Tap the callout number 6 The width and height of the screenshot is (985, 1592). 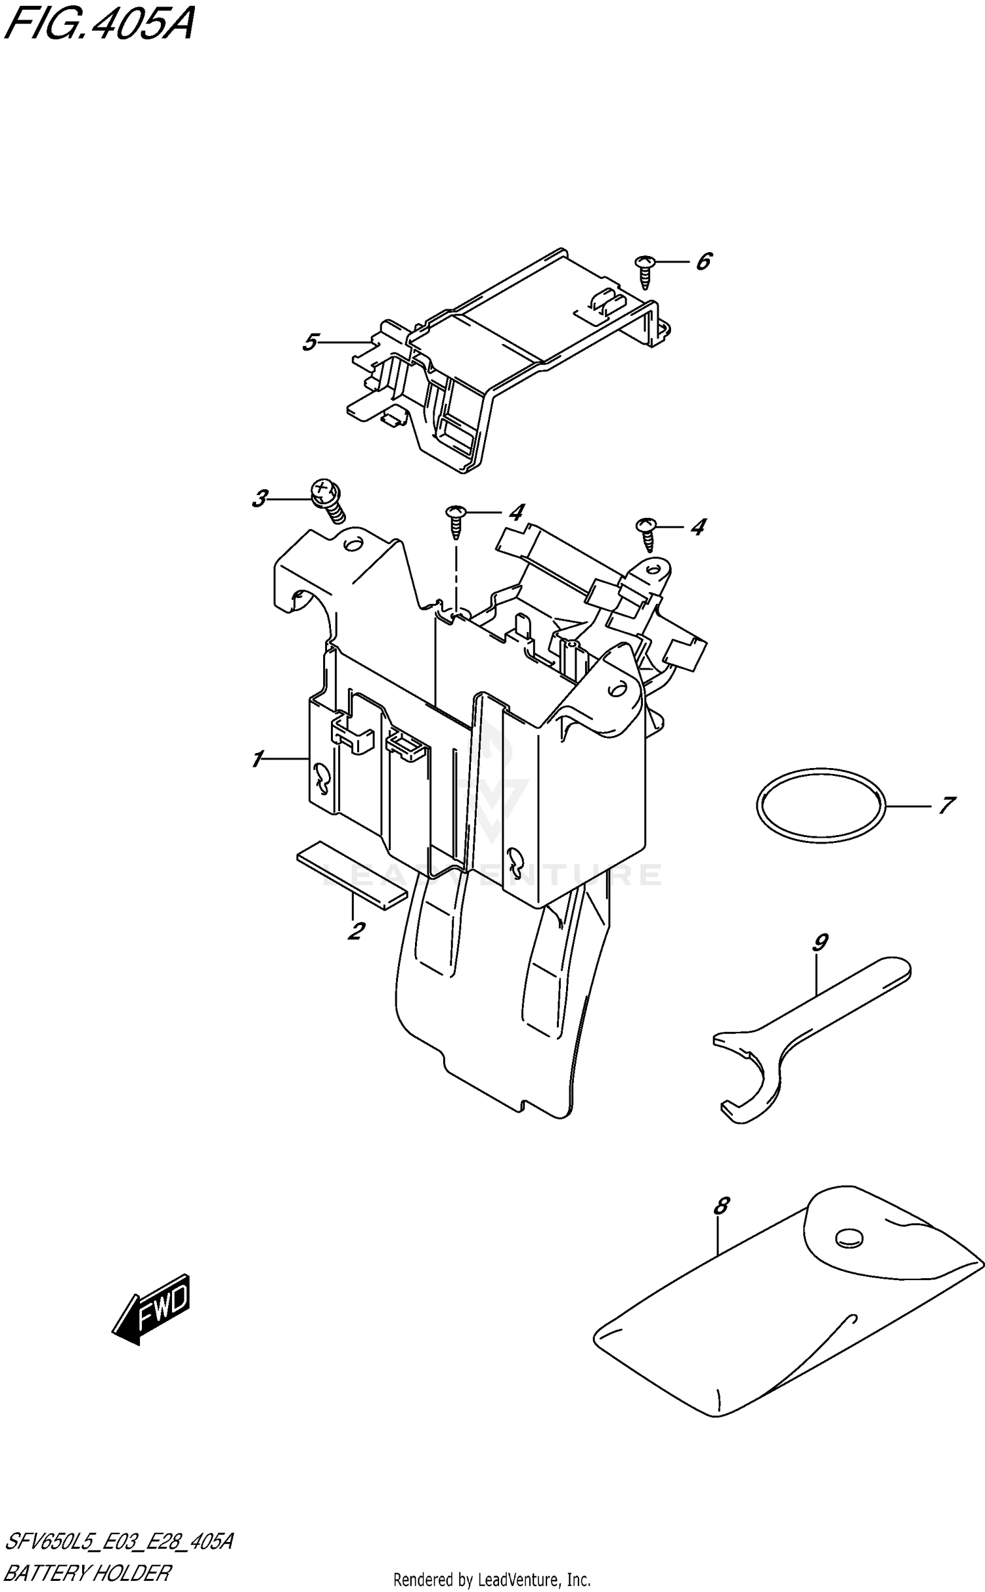click(x=703, y=262)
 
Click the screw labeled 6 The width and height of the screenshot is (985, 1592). click(x=644, y=270)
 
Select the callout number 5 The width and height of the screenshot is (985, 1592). click(x=311, y=342)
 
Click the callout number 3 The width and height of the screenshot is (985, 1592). click(x=260, y=499)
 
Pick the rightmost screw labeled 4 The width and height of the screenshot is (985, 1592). click(x=647, y=534)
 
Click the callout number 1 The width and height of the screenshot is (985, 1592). click(x=257, y=760)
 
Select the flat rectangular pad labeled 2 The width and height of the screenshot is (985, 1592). click(x=351, y=874)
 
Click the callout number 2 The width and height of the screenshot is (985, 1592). click(x=356, y=930)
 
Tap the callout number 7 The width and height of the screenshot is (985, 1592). click(x=946, y=805)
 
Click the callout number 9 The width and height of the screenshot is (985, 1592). click(x=820, y=943)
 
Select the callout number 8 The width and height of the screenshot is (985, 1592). click(x=720, y=1205)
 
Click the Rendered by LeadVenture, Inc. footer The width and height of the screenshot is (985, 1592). click(x=492, y=1579)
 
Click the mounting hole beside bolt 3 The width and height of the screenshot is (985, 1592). click(x=353, y=544)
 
